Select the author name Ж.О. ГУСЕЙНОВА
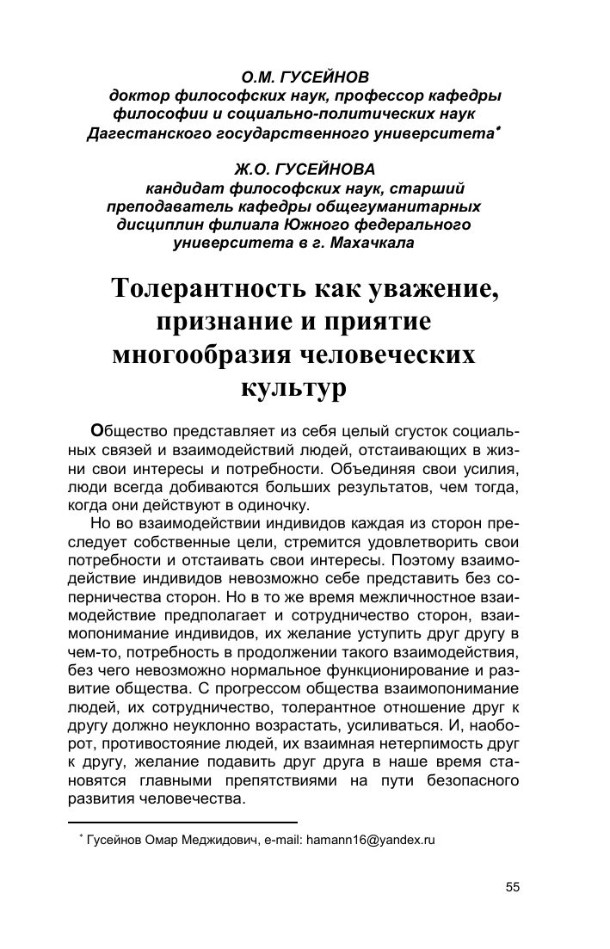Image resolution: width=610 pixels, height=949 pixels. (294, 169)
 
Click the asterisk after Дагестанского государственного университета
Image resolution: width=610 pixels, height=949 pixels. (500, 130)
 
